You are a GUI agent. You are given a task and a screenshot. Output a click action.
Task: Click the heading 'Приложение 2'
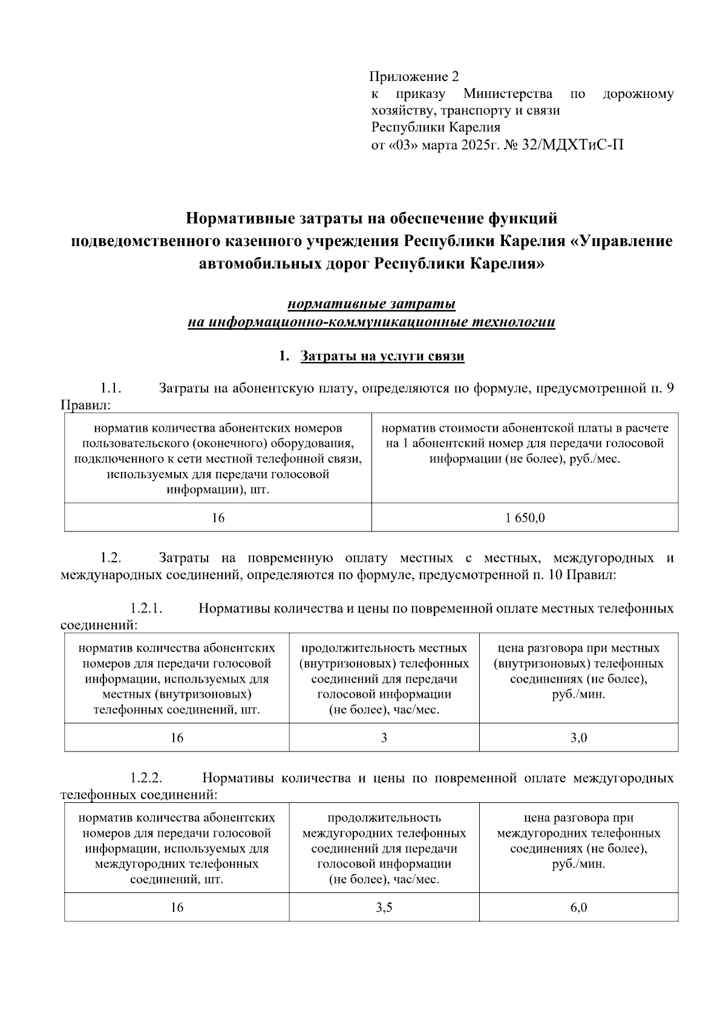pos(414,77)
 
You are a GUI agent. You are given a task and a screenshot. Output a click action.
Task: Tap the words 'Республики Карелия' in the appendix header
pos(435,128)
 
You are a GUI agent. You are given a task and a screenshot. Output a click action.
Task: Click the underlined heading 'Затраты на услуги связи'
pos(382,356)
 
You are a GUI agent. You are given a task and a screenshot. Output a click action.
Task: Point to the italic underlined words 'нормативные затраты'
pos(371,304)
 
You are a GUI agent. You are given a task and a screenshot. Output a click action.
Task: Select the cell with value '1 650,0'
pos(525,518)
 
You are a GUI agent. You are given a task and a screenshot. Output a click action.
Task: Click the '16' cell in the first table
pos(218,518)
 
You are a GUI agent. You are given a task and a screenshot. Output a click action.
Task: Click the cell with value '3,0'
pos(578,738)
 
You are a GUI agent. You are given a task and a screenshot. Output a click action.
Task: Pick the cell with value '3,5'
pos(384,907)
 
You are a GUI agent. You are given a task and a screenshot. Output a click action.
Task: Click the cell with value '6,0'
pos(578,907)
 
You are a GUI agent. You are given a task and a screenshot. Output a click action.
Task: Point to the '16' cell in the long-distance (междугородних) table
pos(177,907)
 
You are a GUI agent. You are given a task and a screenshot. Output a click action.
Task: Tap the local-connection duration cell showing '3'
pos(384,738)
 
